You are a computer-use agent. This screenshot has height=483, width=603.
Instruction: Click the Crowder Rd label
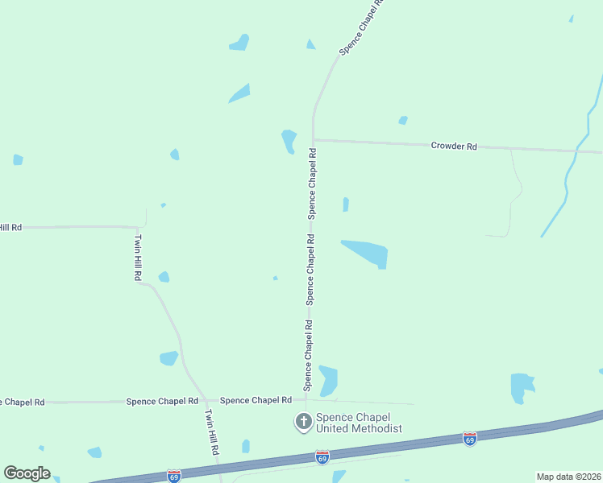click(454, 146)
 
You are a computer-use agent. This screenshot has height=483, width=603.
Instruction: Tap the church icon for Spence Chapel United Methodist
click(304, 422)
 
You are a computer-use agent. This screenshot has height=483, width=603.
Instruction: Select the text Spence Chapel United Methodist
click(358, 423)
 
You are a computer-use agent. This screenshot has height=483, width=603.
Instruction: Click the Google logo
click(27, 473)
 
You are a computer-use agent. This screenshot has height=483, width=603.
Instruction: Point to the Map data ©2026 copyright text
click(568, 477)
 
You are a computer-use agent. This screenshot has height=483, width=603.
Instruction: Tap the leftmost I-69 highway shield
click(174, 476)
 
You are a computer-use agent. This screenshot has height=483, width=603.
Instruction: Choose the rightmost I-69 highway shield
click(470, 439)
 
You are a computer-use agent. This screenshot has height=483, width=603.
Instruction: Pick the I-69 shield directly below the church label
click(322, 457)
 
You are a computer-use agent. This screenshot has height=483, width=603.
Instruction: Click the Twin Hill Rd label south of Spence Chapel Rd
click(212, 433)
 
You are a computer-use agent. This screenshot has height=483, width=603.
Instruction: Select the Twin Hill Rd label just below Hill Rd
click(138, 257)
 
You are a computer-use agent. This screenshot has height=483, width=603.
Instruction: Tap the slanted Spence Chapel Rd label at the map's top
click(360, 27)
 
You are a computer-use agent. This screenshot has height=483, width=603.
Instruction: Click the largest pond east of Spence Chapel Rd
click(368, 253)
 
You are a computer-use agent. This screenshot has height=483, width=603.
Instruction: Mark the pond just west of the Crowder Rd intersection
click(289, 141)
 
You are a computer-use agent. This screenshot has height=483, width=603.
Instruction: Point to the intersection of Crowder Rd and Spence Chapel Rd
click(314, 140)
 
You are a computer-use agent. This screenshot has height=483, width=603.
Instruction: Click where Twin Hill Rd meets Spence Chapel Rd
click(206, 400)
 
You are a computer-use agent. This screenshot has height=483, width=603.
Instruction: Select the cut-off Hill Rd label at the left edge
click(10, 228)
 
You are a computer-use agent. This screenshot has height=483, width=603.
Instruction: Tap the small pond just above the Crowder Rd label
click(403, 121)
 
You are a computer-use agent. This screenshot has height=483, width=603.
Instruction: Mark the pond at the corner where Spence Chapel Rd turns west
click(327, 380)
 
